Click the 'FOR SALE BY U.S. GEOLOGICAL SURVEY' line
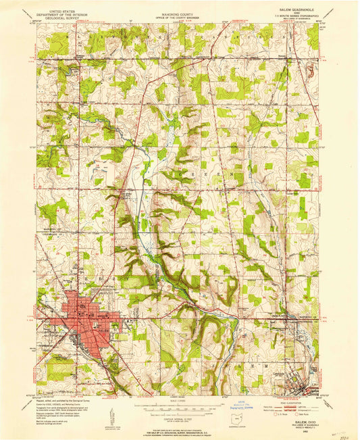[x=179, y=430]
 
